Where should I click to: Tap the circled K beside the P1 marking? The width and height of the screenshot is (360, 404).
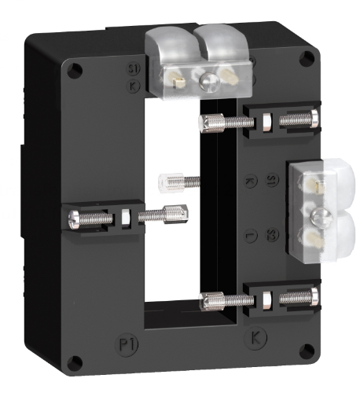[x=255, y=338]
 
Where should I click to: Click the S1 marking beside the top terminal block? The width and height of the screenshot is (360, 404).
[x=133, y=69]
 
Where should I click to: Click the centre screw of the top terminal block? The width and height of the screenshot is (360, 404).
[x=208, y=79]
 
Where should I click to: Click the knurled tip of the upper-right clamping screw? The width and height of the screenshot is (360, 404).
[x=211, y=122]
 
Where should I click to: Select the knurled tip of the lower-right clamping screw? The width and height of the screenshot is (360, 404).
[x=209, y=299]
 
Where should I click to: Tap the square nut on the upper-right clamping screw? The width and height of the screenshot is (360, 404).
[x=266, y=123]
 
